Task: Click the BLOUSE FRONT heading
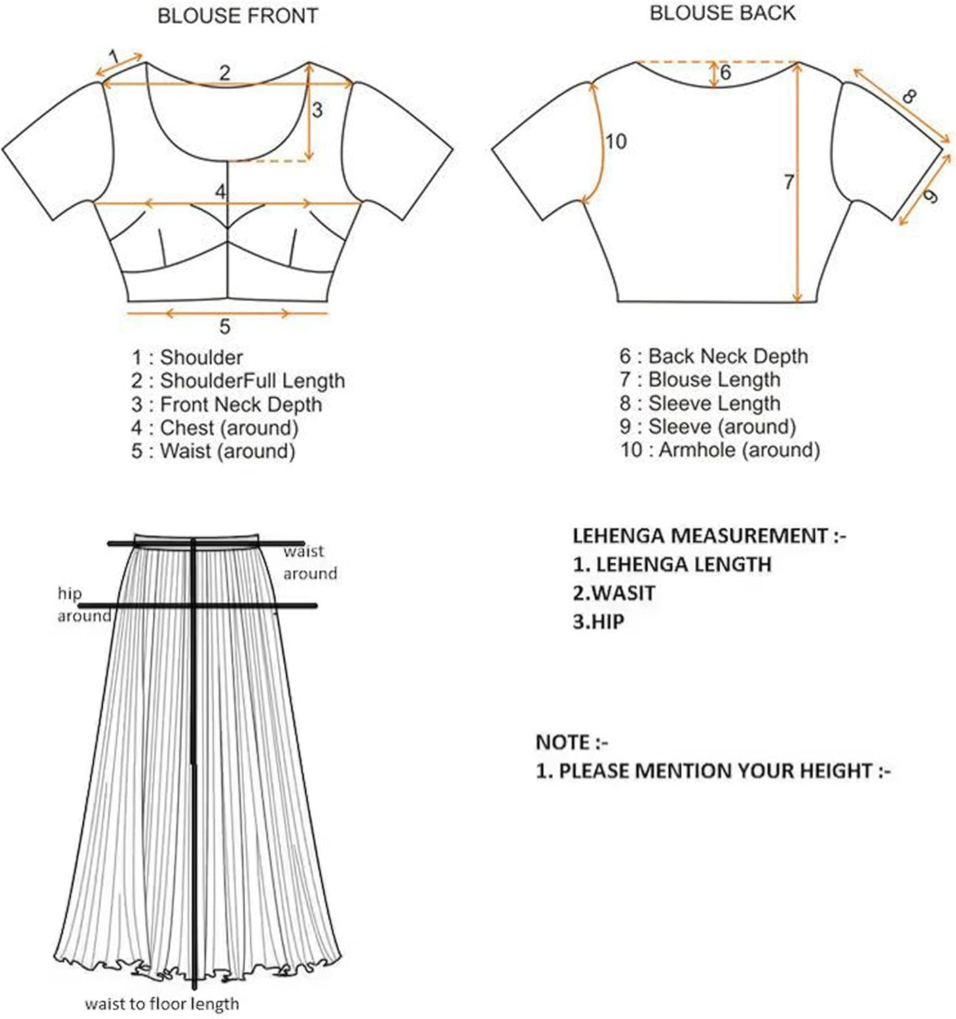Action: point(238,16)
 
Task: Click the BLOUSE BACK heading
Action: point(722,14)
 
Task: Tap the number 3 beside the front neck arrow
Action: point(317,110)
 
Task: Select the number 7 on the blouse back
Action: point(788,182)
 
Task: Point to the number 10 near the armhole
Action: point(615,141)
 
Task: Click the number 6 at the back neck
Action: point(725,72)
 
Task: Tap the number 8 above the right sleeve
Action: point(908,96)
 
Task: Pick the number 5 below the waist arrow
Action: point(225,327)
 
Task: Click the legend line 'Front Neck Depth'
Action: point(227,404)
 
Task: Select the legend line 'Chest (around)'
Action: point(215,428)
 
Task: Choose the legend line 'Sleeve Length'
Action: point(700,403)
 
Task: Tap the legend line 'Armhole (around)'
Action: point(720,450)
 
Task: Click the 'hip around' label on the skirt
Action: point(83,605)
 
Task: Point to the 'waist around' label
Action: point(310,562)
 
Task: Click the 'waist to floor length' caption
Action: point(162,1003)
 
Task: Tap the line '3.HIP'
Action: point(598,622)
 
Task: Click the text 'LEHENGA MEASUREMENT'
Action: point(699,536)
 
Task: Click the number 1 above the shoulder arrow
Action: point(114,56)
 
